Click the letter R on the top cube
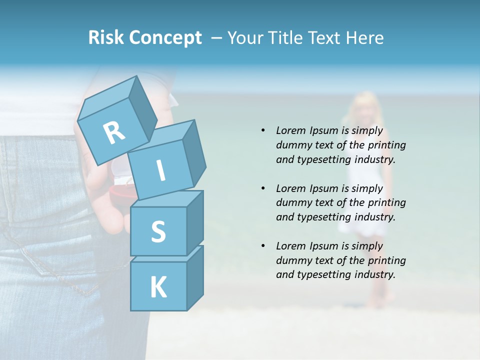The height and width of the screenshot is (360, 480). (x=114, y=133)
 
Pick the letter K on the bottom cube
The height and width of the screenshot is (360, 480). (x=158, y=287)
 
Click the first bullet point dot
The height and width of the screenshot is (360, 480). (x=263, y=130)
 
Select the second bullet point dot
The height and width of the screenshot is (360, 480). (x=263, y=188)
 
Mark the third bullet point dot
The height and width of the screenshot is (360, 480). (x=263, y=246)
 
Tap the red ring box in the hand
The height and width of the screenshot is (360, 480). (x=121, y=190)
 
